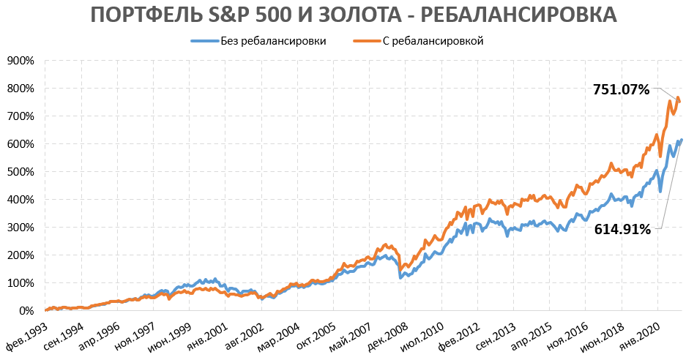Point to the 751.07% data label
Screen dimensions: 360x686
pos(621,90)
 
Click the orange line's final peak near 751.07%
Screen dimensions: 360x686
pos(678,97)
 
